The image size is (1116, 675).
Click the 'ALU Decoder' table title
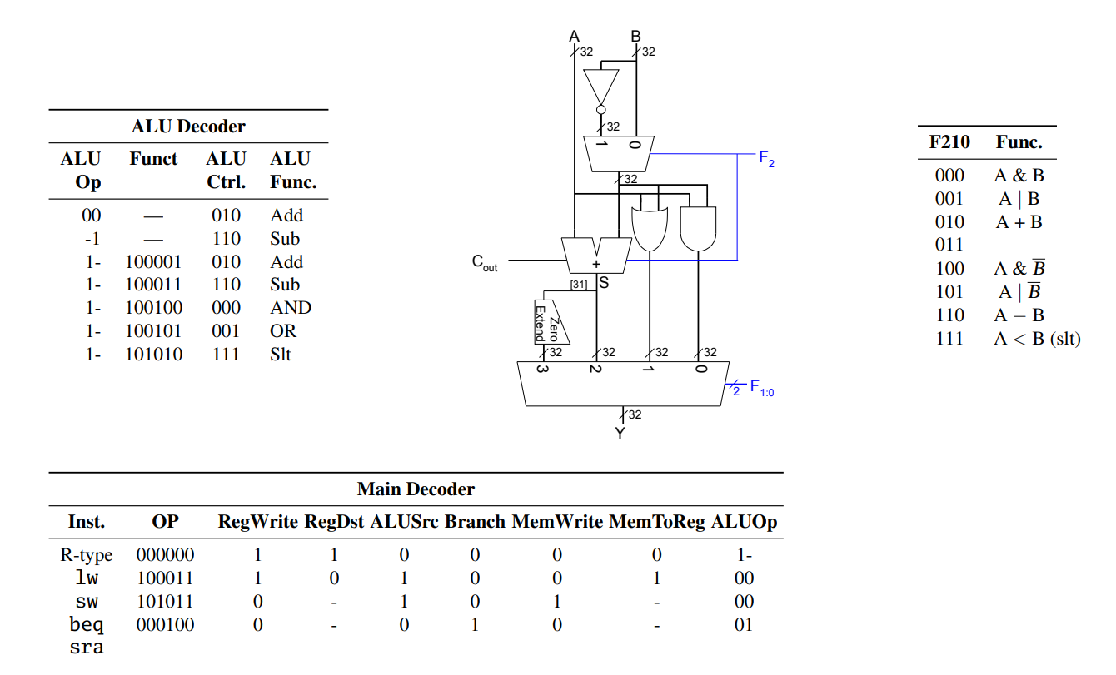[188, 127]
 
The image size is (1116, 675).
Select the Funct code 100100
[153, 308]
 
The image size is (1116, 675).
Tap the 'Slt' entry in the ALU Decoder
[280, 355]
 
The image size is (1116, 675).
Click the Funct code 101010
[153, 355]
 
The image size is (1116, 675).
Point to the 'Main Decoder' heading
[416, 489]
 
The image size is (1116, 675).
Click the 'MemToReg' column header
[656, 522]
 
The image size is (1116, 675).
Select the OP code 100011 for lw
[165, 578]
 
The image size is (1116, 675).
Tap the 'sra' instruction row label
[87, 648]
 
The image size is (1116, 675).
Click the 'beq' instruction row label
[87, 624]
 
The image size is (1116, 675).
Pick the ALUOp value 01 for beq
[744, 624]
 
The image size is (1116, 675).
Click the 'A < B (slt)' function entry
[1037, 339]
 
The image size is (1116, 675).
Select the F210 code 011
[949, 245]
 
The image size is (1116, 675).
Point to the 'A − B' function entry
[1019, 315]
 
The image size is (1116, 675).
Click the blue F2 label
[766, 160]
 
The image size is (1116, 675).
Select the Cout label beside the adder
[485, 262]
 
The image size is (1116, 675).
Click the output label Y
[620, 433]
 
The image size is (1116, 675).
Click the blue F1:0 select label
[762, 388]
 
